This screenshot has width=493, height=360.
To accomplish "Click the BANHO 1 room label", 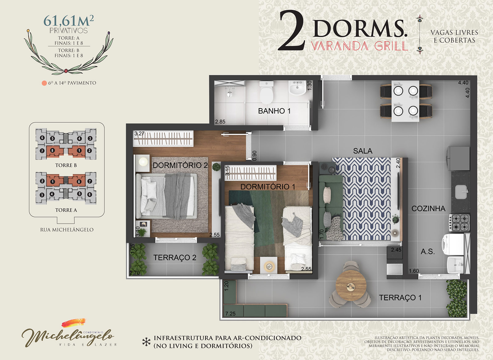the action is click(274, 111).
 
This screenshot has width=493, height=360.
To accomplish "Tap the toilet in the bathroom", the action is click(266, 92).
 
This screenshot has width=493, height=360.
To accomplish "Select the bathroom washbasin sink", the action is click(297, 88).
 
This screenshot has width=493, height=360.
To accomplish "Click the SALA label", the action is click(363, 151).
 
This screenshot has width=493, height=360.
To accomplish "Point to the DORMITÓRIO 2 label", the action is click(180, 165).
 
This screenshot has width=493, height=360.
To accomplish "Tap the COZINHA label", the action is click(428, 209).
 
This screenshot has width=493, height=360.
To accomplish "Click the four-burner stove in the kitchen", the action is click(459, 223).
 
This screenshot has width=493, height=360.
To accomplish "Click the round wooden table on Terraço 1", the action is click(351, 285).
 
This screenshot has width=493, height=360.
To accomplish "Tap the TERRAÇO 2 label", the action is click(175, 257).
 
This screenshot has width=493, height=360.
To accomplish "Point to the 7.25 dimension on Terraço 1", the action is click(230, 313).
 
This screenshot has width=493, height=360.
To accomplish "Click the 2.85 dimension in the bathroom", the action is click(220, 121).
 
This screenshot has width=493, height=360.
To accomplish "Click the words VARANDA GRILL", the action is click(360, 46).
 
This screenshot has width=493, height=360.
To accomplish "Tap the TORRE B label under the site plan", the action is click(66, 165).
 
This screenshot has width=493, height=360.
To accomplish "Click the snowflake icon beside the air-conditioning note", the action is click(146, 342).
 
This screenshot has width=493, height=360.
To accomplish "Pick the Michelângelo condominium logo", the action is click(68, 333).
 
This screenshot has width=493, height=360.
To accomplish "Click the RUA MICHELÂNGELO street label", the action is click(67, 230).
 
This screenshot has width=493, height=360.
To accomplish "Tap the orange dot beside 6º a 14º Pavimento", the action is click(44, 83).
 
